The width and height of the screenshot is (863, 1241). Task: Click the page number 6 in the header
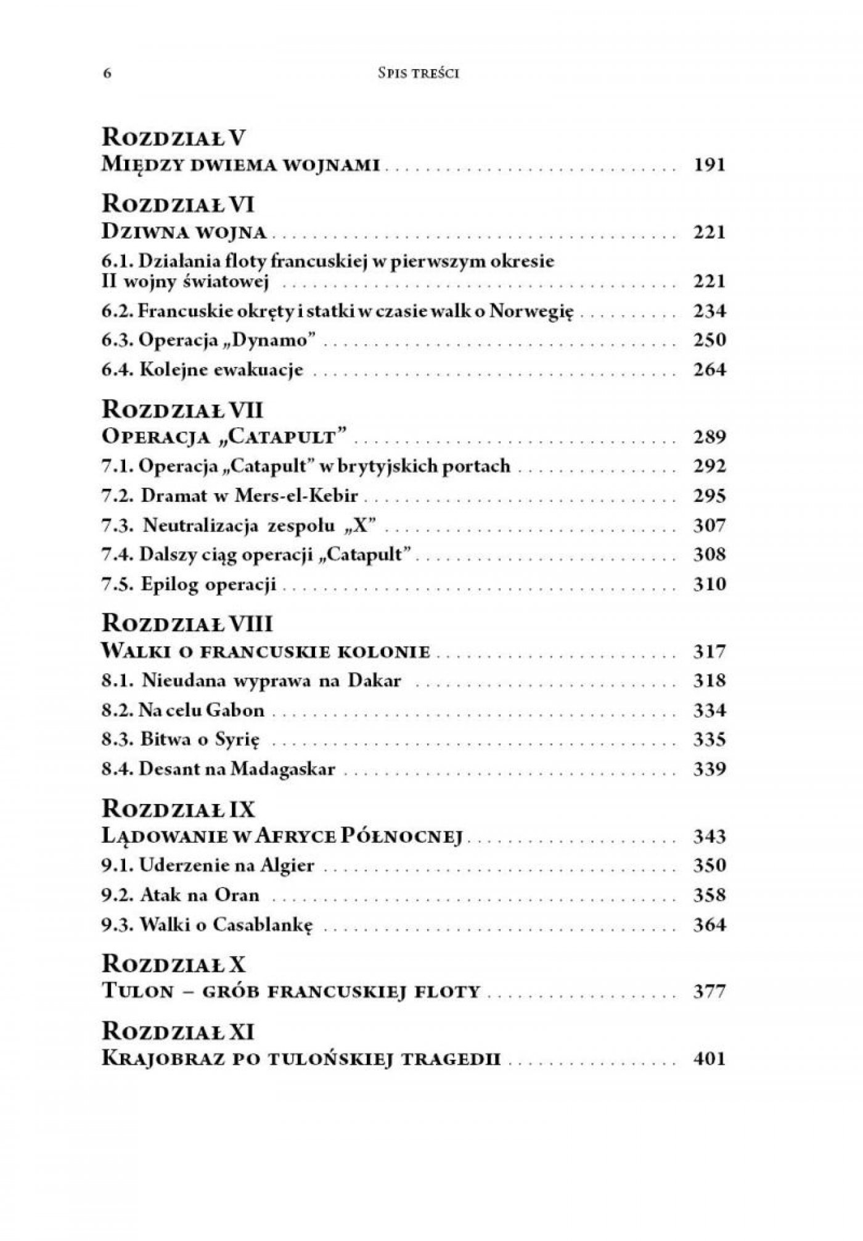tap(107, 73)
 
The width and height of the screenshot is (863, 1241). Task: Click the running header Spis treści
tap(419, 73)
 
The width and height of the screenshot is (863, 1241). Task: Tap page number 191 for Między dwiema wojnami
tap(709, 165)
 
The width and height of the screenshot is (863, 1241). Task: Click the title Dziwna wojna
tap(184, 232)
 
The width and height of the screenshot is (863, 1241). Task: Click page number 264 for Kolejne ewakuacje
tap(709, 370)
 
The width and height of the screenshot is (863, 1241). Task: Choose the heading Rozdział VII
tap(182, 409)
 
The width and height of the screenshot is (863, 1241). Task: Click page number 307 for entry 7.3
tap(709, 525)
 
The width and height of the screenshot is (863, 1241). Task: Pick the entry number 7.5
tap(117, 584)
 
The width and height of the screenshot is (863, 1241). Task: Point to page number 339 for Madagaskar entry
tap(709, 769)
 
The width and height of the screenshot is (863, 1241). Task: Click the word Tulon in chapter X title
tap(135, 992)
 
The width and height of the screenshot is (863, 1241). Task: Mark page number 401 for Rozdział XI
tap(709, 1059)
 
